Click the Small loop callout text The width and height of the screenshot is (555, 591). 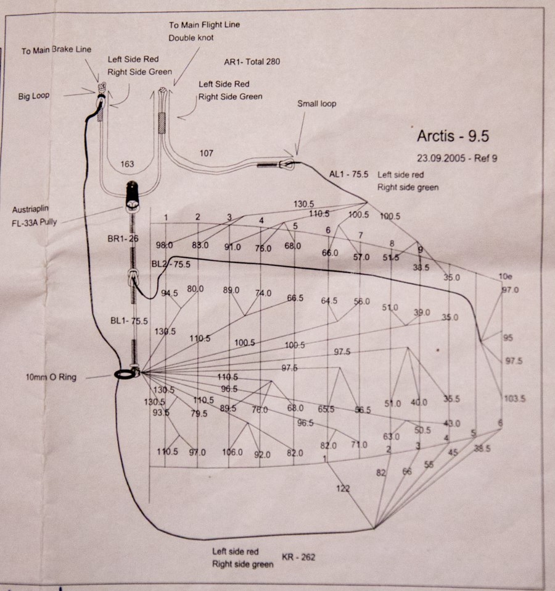coord(316,104)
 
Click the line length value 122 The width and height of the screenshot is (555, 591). coord(343,488)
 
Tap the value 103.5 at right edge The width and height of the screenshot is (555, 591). coord(514,399)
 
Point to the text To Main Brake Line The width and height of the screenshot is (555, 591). coord(57,50)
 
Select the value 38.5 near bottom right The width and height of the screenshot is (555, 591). coord(482,449)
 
